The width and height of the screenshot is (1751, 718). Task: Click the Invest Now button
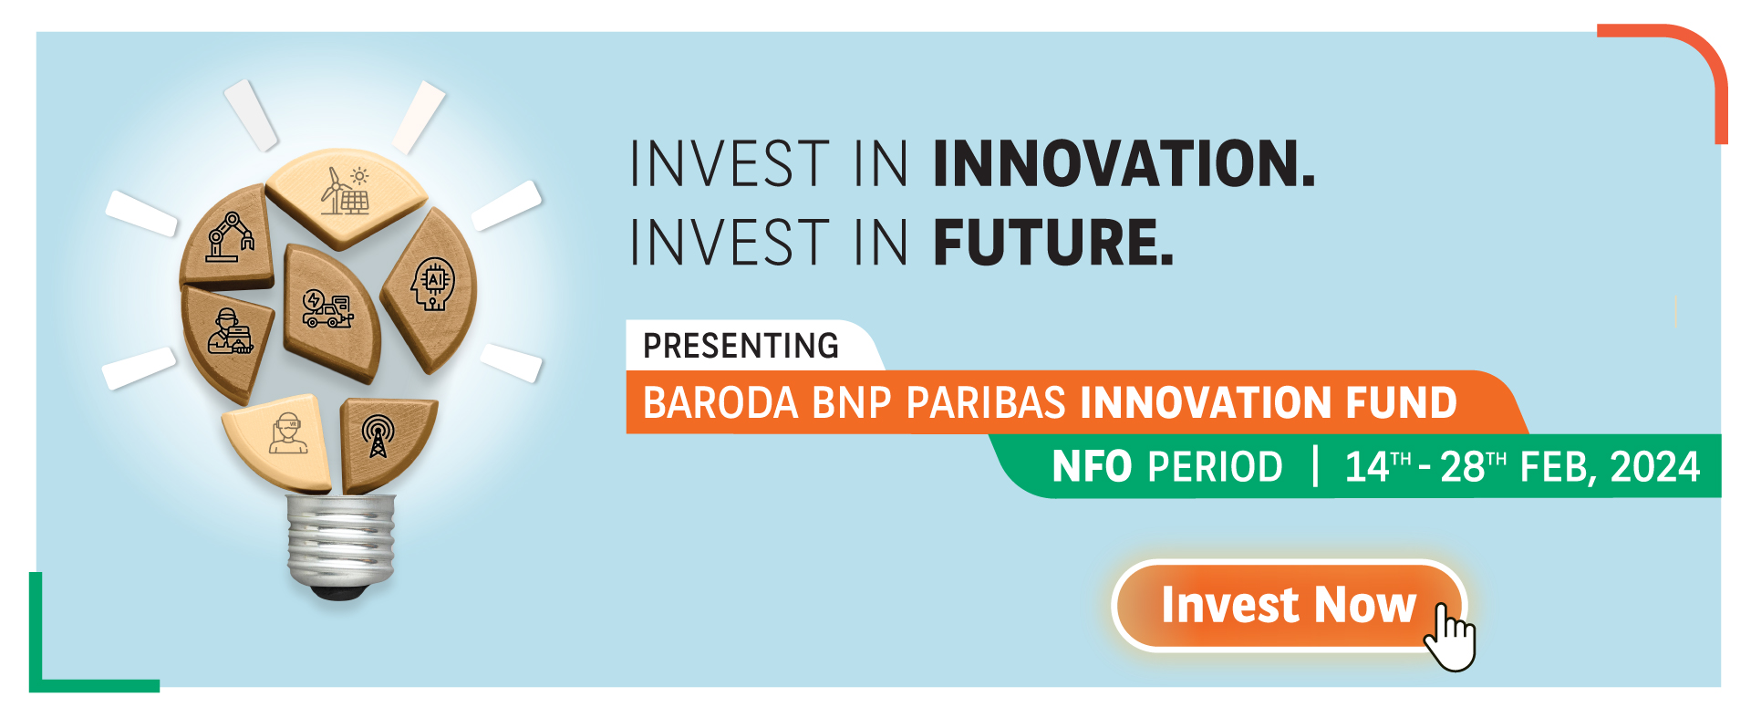[x=1288, y=605]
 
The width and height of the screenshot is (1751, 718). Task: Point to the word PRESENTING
[x=741, y=346]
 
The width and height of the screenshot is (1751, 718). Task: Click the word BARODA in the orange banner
[x=720, y=402]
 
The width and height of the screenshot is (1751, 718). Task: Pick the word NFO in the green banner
[x=1092, y=466]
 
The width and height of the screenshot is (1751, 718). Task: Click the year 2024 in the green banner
[x=1655, y=466]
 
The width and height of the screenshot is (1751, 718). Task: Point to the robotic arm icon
[x=229, y=237]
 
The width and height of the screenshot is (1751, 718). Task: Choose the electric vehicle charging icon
[x=327, y=308]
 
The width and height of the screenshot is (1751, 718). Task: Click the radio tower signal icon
[x=378, y=436]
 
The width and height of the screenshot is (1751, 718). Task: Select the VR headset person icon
[x=288, y=432]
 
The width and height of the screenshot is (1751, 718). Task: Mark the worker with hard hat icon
[x=228, y=331]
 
